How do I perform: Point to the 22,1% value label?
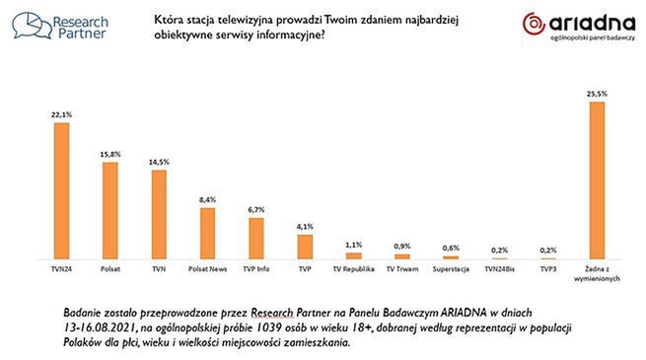tap(61, 114)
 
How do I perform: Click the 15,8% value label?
tap(109, 154)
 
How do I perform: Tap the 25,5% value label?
tap(596, 94)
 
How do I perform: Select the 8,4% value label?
tap(207, 200)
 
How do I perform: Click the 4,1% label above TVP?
tap(305, 227)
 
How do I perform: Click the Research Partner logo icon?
tap(30, 25)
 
